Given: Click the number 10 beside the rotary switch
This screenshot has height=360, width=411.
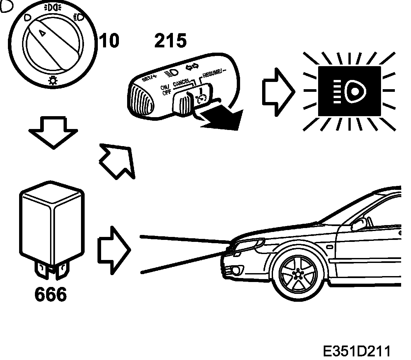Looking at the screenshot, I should [109, 41].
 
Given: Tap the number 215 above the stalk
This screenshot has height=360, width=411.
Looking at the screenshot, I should [170, 41].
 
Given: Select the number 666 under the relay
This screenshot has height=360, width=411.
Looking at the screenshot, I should [50, 294].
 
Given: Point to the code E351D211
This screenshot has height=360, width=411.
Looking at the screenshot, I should [357, 351].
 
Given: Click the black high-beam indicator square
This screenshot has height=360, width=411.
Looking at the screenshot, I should [349, 91].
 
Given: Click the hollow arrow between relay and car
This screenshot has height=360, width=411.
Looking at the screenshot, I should [114, 250].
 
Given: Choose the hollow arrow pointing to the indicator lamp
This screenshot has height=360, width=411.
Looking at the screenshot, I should [277, 92].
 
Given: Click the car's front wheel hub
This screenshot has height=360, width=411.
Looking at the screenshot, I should [298, 273].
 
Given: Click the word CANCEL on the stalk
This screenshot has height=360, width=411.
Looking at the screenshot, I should [181, 82].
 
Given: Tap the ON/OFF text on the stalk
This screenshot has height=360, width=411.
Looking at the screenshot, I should [166, 90].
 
